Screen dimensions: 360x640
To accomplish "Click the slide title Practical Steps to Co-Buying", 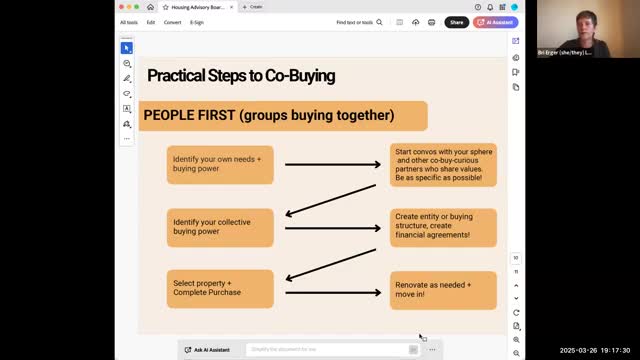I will pyautogui.click(x=241, y=76).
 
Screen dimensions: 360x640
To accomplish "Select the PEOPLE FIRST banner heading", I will pyautogui.click(x=269, y=115).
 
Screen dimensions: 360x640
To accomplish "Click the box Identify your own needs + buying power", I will pyautogui.click(x=220, y=164).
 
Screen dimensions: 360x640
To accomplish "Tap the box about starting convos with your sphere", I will pyautogui.click(x=443, y=164).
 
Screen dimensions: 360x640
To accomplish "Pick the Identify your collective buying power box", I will pyautogui.click(x=220, y=227).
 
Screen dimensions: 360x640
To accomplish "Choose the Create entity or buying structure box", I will pyautogui.click(x=443, y=227).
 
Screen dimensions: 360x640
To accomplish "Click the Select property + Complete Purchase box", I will pyautogui.click(x=220, y=289).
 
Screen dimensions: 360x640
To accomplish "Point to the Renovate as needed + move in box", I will pyautogui.click(x=443, y=290).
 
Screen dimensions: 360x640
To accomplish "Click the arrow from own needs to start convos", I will pyautogui.click(x=332, y=164).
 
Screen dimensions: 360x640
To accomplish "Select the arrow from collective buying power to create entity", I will pyautogui.click(x=332, y=227).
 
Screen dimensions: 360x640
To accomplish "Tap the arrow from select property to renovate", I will pyautogui.click(x=332, y=292).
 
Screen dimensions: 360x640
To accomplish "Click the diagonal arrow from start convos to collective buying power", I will pyautogui.click(x=330, y=198).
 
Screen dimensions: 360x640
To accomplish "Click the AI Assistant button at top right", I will pyautogui.click(x=496, y=22).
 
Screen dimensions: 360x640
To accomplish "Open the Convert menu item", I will pyautogui.click(x=172, y=22).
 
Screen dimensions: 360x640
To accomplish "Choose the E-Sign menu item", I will pyautogui.click(x=196, y=22).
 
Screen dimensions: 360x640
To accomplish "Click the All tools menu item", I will pyautogui.click(x=130, y=22).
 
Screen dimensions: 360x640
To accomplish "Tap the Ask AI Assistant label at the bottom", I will pyautogui.click(x=211, y=350).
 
